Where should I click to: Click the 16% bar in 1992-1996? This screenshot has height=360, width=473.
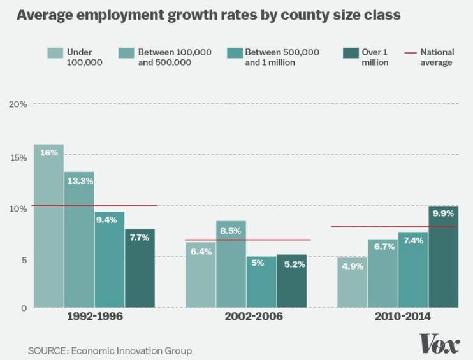coord(49,226)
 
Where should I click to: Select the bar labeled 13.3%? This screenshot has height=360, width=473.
coord(79,240)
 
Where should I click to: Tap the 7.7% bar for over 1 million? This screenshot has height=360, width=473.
coord(140,268)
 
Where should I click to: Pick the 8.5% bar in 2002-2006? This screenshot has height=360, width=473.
coord(231,264)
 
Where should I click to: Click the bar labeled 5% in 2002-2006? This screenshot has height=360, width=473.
coord(261,282)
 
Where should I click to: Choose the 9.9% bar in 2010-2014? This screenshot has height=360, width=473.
coord(444,257)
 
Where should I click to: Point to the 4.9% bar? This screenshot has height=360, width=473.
coord(353,282)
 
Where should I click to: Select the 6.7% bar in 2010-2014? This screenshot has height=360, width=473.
coord(383,273)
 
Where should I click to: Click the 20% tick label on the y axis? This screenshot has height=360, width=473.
coord(18,104)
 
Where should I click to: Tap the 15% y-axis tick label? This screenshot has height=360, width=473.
coord(18,157)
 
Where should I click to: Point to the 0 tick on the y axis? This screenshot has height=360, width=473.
coord(24,308)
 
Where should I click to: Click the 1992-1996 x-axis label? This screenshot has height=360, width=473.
coord(95,317)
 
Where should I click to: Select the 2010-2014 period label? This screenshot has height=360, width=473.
coord(403,317)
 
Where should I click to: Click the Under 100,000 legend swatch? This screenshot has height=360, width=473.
coord(55,53)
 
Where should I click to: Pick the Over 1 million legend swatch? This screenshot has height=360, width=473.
coord(351,53)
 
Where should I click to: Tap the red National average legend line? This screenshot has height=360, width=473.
coord(411,53)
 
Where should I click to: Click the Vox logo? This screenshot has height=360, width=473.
coord(439,343)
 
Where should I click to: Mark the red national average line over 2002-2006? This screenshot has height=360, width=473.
coord(248,240)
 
